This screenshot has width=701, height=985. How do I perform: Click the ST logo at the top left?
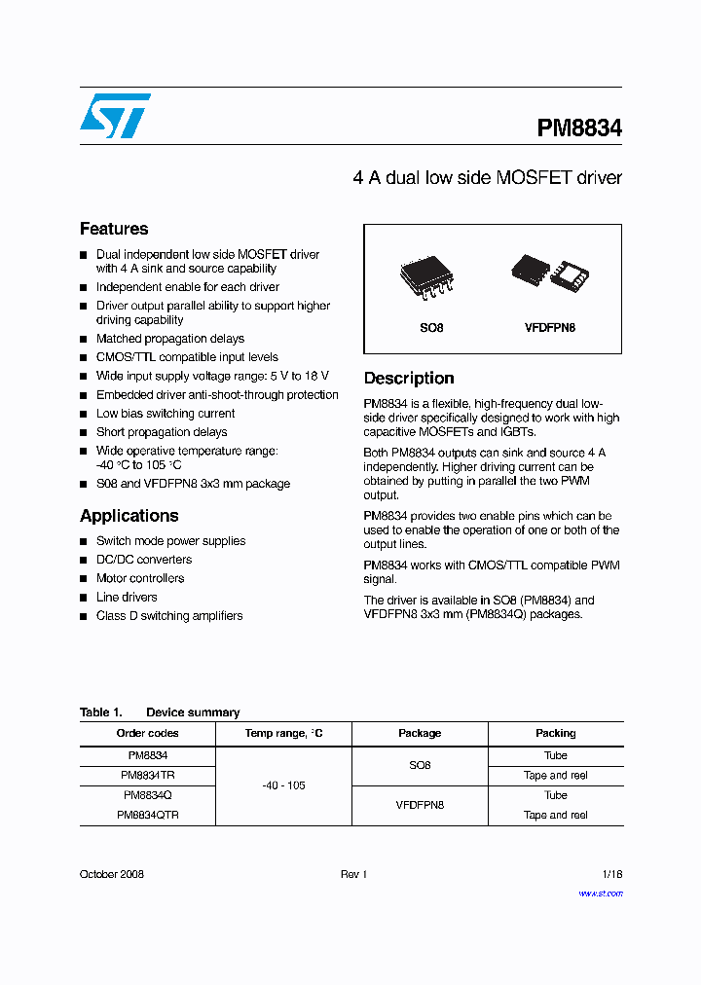click(x=115, y=116)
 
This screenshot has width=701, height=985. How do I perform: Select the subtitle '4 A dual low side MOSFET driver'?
click(x=487, y=178)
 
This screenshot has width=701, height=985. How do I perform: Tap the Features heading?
click(x=114, y=229)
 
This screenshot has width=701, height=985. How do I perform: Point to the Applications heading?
click(x=129, y=516)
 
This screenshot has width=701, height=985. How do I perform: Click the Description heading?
click(x=409, y=379)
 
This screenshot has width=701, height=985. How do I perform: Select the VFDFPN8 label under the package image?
click(x=549, y=328)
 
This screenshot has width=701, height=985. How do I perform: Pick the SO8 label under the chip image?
click(x=431, y=328)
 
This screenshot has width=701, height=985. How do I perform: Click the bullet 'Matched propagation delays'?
click(x=169, y=339)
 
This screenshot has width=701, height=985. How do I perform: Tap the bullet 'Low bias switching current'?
click(x=165, y=414)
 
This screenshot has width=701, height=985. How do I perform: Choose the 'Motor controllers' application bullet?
click(x=139, y=578)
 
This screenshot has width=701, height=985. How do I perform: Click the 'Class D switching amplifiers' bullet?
click(x=168, y=616)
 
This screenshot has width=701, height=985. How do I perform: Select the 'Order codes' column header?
click(x=147, y=733)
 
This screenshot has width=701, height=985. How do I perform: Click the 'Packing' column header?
click(x=555, y=733)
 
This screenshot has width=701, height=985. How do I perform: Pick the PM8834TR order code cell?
click(x=147, y=776)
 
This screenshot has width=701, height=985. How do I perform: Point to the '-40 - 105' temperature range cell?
click(x=283, y=785)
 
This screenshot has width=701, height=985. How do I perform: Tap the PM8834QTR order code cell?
click(x=147, y=816)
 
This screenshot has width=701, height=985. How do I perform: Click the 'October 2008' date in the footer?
click(x=111, y=874)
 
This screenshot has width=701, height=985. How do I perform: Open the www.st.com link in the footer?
click(x=601, y=894)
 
